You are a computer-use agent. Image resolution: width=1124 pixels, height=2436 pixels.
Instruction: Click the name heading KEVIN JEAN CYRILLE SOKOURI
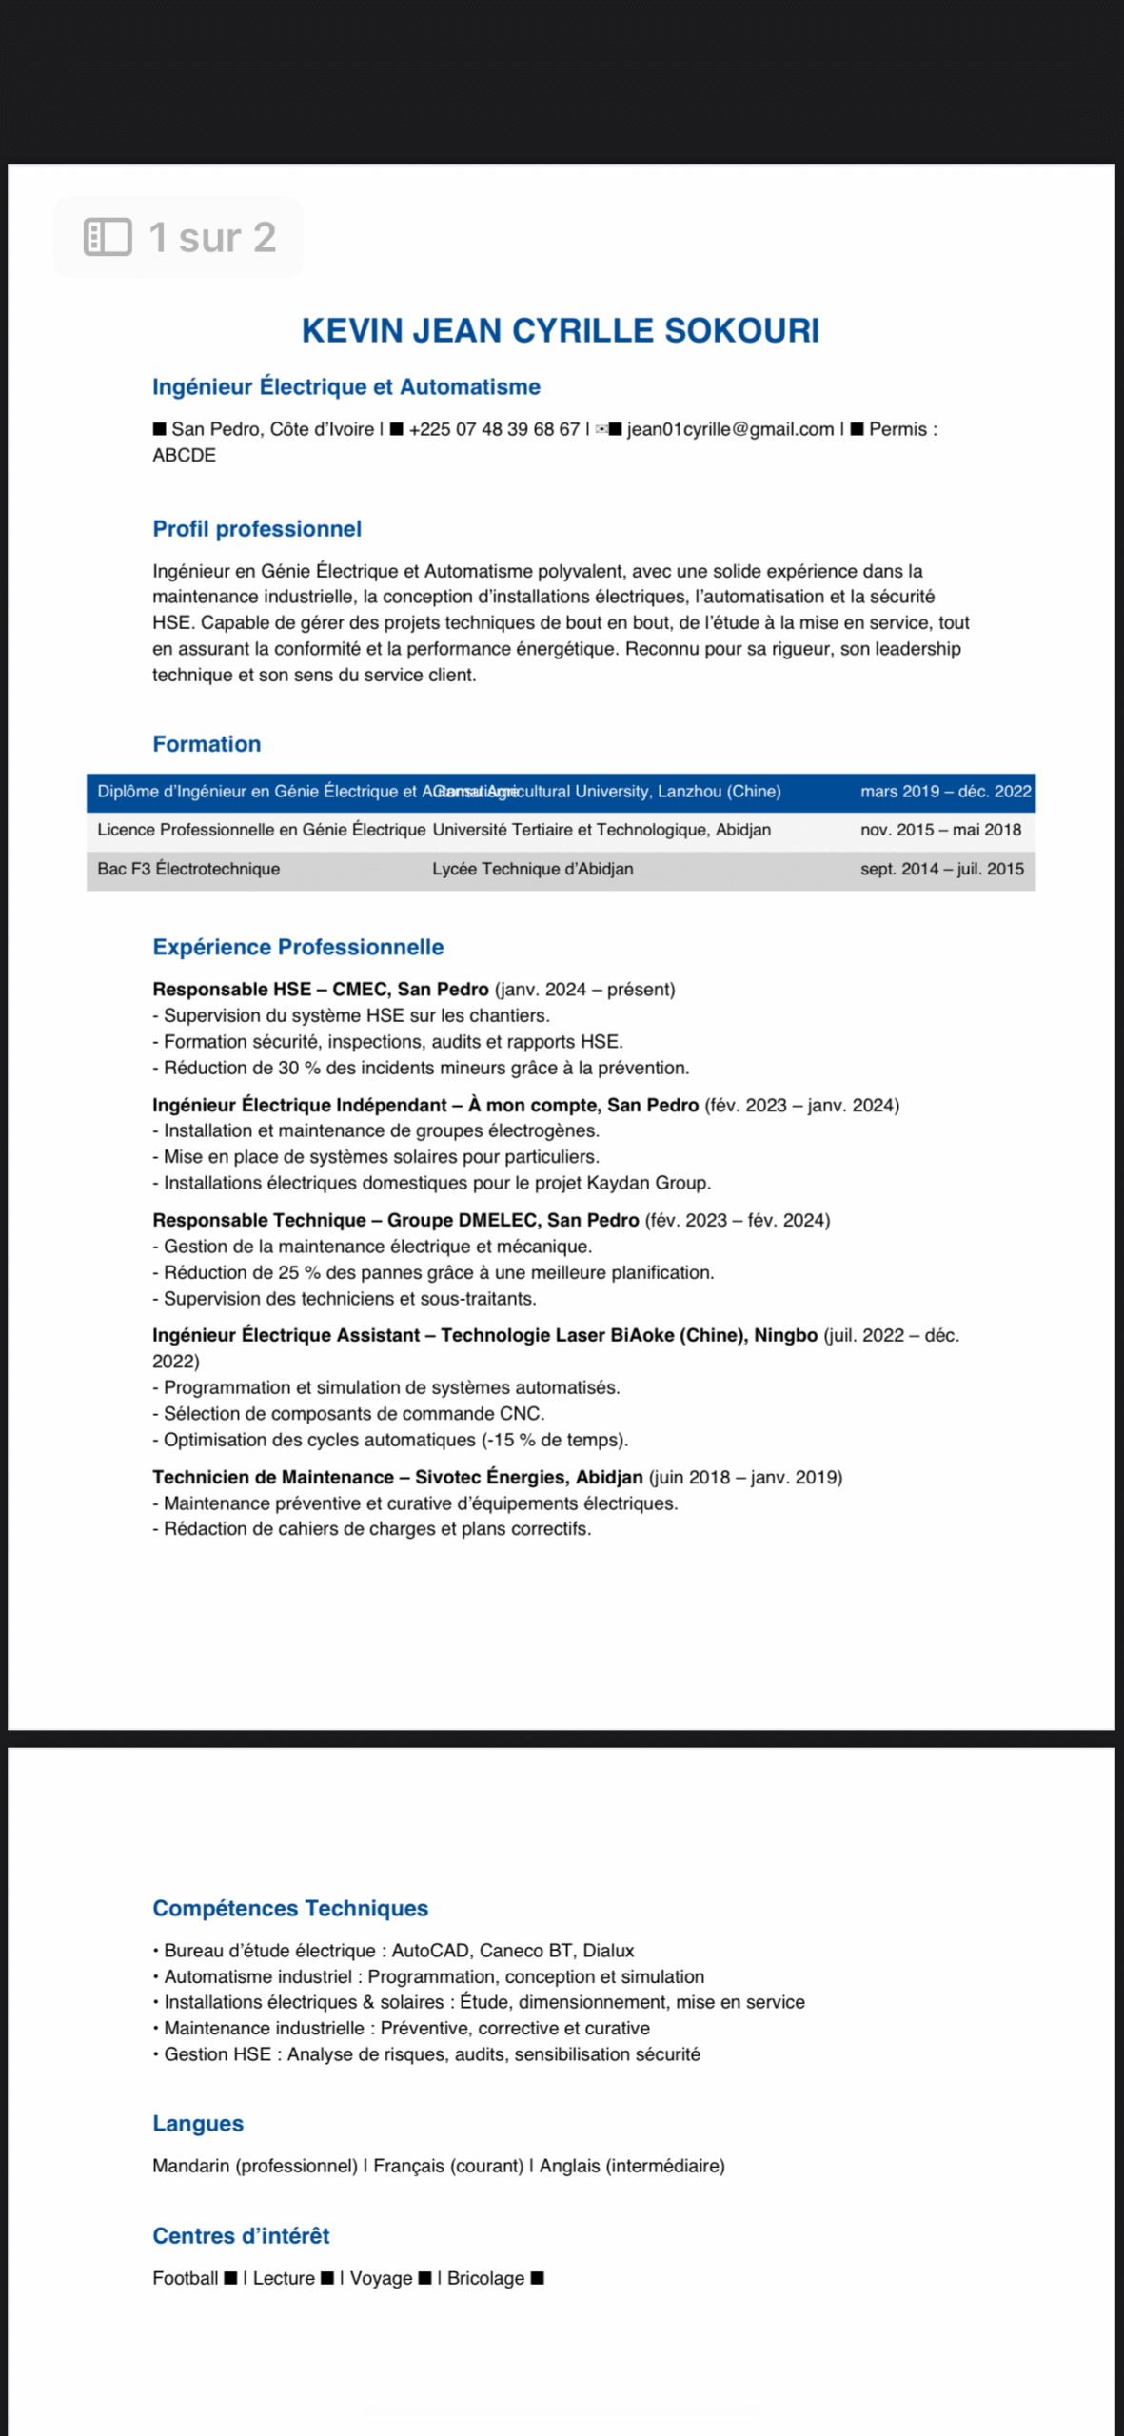click(560, 330)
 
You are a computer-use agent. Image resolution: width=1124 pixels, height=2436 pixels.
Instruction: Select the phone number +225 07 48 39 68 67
click(493, 429)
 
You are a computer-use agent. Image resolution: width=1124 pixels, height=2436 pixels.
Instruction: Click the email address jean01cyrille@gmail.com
click(730, 429)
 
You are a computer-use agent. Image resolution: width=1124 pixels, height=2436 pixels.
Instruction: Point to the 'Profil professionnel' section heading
click(257, 529)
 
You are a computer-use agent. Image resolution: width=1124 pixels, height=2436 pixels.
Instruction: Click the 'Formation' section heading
click(207, 744)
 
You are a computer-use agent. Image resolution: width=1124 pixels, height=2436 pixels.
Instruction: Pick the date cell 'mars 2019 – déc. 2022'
click(945, 792)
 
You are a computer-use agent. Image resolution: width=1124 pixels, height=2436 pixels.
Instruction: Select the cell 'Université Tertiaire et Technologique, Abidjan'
click(601, 830)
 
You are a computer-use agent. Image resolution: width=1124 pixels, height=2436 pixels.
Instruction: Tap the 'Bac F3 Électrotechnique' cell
click(188, 869)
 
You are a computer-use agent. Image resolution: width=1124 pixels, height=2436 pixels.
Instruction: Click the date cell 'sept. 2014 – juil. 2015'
click(941, 869)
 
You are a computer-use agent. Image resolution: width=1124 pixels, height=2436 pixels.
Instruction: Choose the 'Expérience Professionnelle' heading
click(298, 947)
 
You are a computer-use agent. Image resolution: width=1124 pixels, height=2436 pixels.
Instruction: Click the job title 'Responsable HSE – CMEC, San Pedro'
click(321, 990)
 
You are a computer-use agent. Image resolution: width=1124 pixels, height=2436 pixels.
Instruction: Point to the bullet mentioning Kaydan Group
click(437, 1183)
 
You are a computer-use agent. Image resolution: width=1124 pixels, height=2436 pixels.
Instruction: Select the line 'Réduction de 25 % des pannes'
click(438, 1272)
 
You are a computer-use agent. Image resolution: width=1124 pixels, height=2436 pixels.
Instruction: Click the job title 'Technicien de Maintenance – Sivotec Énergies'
click(398, 1477)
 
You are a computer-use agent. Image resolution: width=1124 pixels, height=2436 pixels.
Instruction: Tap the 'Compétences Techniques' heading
click(290, 1908)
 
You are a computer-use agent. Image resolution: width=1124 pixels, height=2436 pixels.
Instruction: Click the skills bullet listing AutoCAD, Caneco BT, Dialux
click(398, 1951)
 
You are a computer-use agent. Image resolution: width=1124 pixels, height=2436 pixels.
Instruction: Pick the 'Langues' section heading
click(198, 2124)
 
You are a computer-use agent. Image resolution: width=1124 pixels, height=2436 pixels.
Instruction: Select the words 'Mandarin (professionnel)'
click(255, 2166)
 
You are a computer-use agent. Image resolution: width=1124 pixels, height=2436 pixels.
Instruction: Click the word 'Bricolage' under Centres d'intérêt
click(485, 2278)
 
